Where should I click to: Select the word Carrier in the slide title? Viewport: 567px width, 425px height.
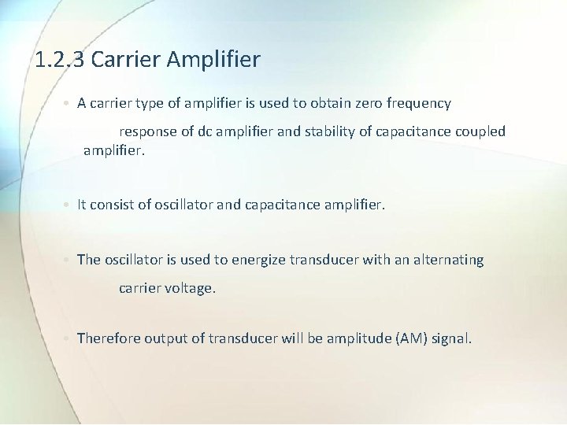coord(125,59)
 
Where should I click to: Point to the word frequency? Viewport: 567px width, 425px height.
coord(421,103)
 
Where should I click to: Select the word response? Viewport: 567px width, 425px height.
coord(148,131)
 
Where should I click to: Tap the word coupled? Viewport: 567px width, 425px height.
coord(479,131)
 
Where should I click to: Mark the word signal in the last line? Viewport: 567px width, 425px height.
coord(451,338)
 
